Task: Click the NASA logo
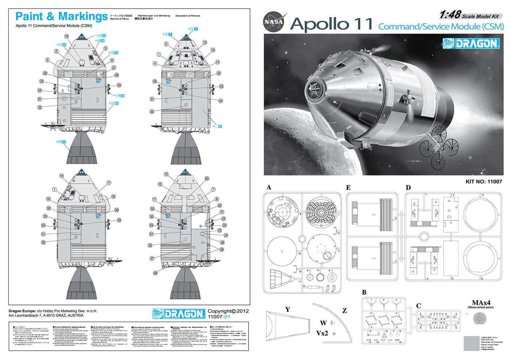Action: point(274,22)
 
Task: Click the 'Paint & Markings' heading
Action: point(61,16)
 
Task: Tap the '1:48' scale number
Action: point(450,15)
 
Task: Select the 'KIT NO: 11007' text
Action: point(484,181)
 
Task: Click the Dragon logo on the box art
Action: point(470,43)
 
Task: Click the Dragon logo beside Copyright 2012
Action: point(178,314)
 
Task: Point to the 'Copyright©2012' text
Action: point(228,311)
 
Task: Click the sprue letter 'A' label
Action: point(269,187)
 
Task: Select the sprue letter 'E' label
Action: point(348,187)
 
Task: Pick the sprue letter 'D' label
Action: point(408,187)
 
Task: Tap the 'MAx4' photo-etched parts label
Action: point(481,302)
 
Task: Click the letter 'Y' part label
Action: point(288,309)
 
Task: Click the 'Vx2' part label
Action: point(322,333)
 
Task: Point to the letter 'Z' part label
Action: point(344,311)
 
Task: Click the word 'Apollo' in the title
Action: point(319,24)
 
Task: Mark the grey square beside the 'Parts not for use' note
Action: point(471,343)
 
